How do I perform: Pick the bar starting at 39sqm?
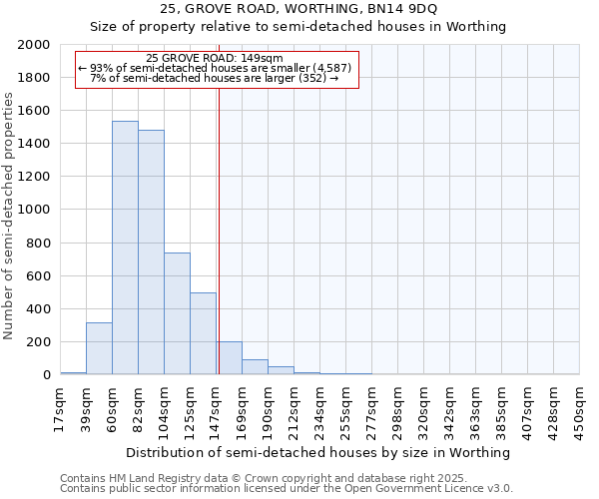[x=99, y=348]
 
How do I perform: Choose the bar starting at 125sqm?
[x=203, y=333]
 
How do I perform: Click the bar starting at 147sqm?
[x=229, y=358]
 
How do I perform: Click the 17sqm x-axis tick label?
[x=60, y=407]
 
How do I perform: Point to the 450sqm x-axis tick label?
[x=579, y=407]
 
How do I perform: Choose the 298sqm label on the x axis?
[x=397, y=407]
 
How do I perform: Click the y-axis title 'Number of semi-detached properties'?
[x=9, y=216]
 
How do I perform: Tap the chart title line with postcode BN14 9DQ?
[x=299, y=9]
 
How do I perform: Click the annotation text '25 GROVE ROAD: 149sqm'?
[x=214, y=58]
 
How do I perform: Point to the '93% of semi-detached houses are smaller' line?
[x=214, y=68]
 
